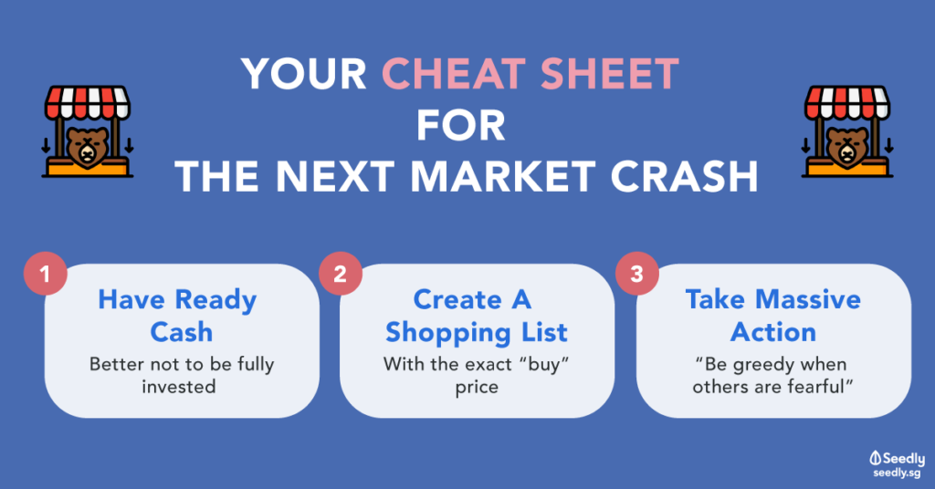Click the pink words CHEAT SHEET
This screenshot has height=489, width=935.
tap(531, 74)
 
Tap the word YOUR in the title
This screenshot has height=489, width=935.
tap(304, 74)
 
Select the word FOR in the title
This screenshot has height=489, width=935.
tap(461, 126)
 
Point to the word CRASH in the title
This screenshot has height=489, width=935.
tap(684, 176)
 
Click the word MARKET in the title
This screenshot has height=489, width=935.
tap(503, 176)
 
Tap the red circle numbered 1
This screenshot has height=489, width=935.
tap(46, 274)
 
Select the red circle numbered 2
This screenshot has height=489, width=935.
tap(340, 274)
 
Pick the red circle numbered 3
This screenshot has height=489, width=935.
tap(636, 274)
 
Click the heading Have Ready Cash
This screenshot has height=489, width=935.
tap(178, 316)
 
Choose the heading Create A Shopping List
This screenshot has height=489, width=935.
tap(476, 316)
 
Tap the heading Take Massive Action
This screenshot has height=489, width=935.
tap(773, 316)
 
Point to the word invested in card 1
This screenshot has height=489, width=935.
tap(178, 387)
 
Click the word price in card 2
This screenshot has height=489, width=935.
tap(477, 388)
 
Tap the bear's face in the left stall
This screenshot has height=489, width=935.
tap(87, 147)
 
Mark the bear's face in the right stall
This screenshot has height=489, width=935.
tap(847, 147)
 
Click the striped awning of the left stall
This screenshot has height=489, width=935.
tap(87, 102)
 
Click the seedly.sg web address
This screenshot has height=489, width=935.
tap(897, 473)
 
